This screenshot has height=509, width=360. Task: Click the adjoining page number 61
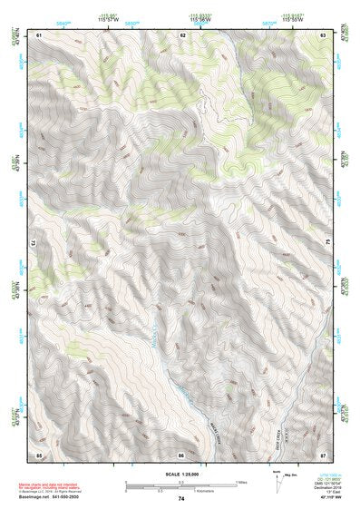point(39,34)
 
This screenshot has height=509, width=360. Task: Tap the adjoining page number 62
point(182,34)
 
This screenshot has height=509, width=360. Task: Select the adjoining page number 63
point(323,34)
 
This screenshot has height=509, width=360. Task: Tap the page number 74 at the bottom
point(181,498)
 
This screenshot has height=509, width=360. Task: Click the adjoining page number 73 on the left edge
point(33,244)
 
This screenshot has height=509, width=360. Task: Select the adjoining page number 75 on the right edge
point(329,244)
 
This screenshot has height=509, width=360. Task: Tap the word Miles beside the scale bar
point(240,482)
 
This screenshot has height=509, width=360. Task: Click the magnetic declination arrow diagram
point(277,481)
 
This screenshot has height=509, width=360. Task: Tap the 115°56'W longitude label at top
point(200,20)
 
